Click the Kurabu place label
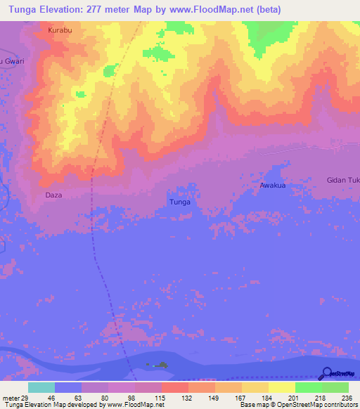click(60, 31)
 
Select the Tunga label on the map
click(180, 202)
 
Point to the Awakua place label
click(271, 186)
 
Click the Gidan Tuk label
click(343, 181)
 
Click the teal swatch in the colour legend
click(41, 387)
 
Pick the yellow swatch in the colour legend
click(282, 387)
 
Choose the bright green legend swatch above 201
click(309, 387)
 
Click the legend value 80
click(105, 398)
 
